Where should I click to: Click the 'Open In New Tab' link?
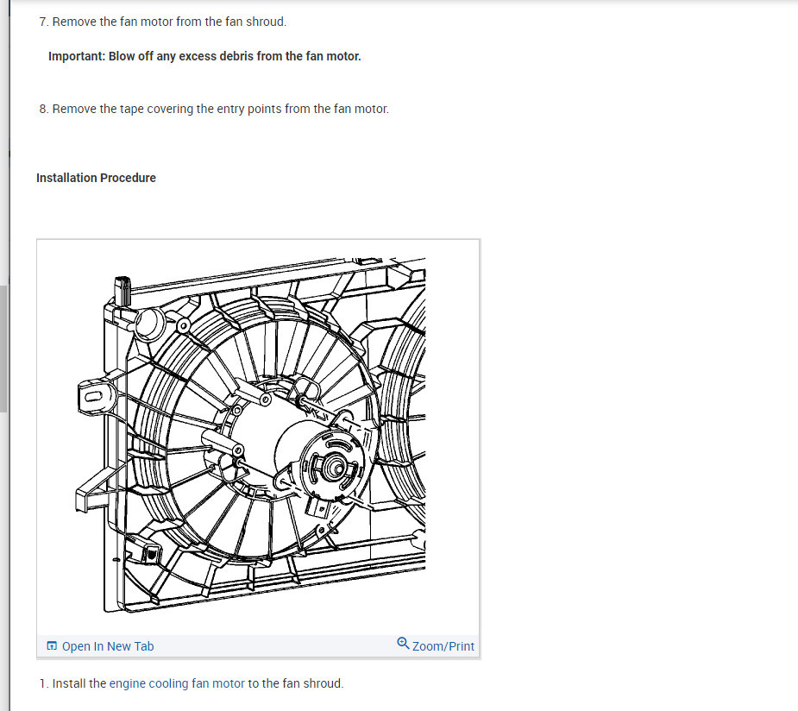(x=107, y=646)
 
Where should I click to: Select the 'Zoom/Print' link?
(x=443, y=646)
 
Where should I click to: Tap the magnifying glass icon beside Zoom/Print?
(x=403, y=644)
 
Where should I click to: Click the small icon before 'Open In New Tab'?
(x=52, y=646)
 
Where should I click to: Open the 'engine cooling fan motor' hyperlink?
(x=177, y=683)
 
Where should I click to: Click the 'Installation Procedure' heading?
(x=96, y=178)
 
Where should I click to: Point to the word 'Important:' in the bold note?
(x=77, y=56)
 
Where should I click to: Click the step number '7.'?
(x=44, y=22)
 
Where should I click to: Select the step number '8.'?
(x=44, y=109)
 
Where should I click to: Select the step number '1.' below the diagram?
(x=44, y=683)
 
